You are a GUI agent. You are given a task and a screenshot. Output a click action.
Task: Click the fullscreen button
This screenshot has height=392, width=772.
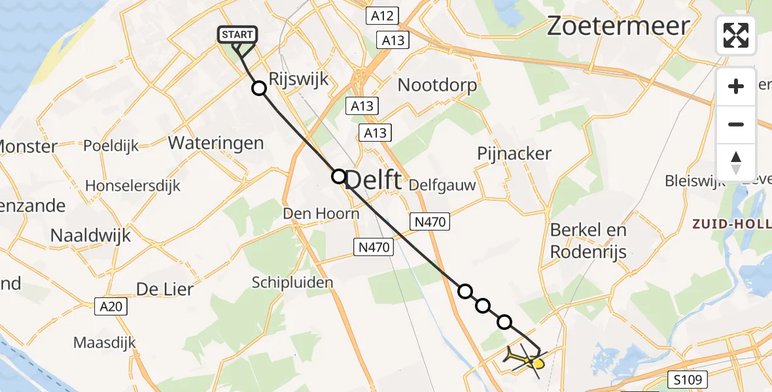[736, 35]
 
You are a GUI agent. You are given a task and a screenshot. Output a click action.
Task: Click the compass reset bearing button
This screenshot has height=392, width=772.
[736, 161]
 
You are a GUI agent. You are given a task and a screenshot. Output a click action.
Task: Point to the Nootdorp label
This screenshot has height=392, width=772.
[437, 85]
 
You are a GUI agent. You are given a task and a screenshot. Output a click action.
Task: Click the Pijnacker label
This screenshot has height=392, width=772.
[514, 154]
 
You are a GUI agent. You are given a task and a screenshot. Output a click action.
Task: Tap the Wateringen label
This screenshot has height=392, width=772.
[216, 143]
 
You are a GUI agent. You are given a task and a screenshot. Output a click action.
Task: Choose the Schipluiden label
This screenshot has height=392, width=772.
[292, 282]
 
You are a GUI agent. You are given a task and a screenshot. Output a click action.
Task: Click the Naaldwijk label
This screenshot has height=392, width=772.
[91, 235]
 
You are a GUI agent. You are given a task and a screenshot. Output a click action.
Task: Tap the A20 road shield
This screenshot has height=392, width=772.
[109, 306]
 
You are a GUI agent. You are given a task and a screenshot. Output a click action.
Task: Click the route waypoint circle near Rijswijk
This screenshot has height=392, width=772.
[259, 89]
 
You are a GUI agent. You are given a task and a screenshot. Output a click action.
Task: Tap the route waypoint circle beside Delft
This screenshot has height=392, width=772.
[338, 176]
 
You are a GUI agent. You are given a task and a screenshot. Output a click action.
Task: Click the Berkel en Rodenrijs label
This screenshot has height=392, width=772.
[588, 240]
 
